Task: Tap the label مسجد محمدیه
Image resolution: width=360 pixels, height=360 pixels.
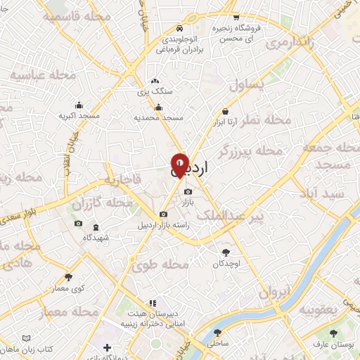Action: pos(159,117)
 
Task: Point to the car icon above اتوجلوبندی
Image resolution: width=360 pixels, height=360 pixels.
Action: pos(180,28)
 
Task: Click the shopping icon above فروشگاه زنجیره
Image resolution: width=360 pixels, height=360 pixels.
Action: pos(236,17)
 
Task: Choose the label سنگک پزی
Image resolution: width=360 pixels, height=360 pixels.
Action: pos(155,91)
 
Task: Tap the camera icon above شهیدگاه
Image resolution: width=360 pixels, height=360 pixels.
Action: pos(78,224)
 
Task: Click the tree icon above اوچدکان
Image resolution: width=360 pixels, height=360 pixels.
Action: pos(226,252)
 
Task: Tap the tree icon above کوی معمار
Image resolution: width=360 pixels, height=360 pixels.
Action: pos(69,278)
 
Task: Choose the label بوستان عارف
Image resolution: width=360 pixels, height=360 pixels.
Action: pos(333,346)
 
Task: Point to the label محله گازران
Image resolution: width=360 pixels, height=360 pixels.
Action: pos(102,203)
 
